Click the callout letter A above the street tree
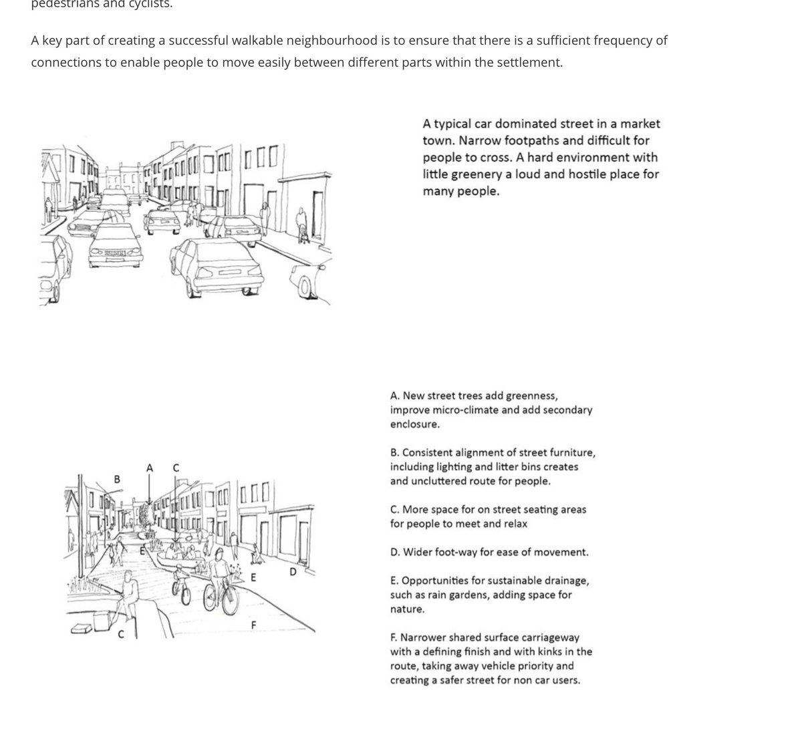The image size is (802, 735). (149, 468)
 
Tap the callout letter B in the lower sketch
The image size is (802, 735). (117, 478)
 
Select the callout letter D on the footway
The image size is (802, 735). (293, 572)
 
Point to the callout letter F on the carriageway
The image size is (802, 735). (253, 625)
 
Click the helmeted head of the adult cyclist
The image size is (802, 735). (220, 554)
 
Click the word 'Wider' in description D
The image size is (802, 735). (418, 553)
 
